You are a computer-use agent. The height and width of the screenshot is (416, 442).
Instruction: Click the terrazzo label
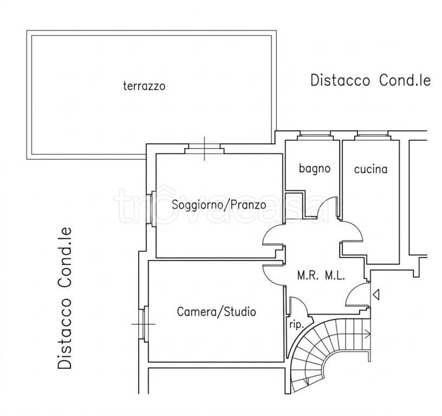[144, 86]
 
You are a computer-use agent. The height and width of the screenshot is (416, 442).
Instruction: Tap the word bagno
[315, 168]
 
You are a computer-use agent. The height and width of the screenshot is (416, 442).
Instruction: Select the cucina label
[370, 169]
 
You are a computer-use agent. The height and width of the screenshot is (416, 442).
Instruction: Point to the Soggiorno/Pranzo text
[219, 205]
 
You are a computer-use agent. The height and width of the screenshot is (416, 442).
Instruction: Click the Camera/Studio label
[217, 311]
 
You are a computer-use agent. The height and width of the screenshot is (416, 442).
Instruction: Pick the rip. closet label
[296, 325]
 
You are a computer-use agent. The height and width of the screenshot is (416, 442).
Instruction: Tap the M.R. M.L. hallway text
[321, 276]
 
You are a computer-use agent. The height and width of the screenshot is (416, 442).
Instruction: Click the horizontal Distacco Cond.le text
[370, 80]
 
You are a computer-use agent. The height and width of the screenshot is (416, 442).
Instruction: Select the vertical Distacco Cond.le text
[65, 298]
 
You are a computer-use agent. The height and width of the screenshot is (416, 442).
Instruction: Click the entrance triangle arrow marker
[376, 295]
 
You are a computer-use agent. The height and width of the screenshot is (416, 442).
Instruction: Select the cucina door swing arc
[353, 231]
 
